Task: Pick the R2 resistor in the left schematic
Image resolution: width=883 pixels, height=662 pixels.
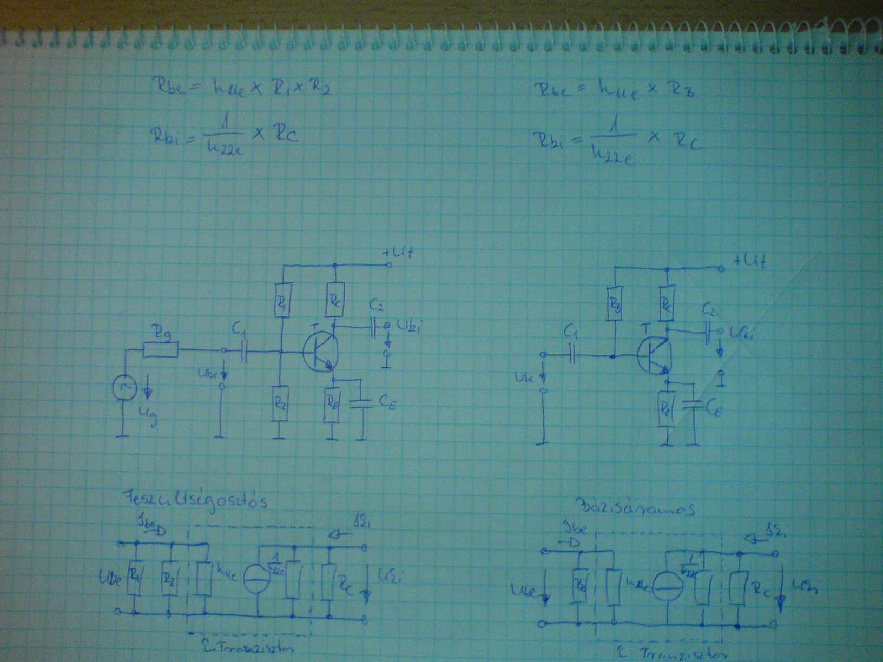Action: tap(280, 403)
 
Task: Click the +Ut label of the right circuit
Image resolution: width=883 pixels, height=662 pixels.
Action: tap(749, 262)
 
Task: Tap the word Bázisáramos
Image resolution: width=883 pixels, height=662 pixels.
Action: tap(637, 507)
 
